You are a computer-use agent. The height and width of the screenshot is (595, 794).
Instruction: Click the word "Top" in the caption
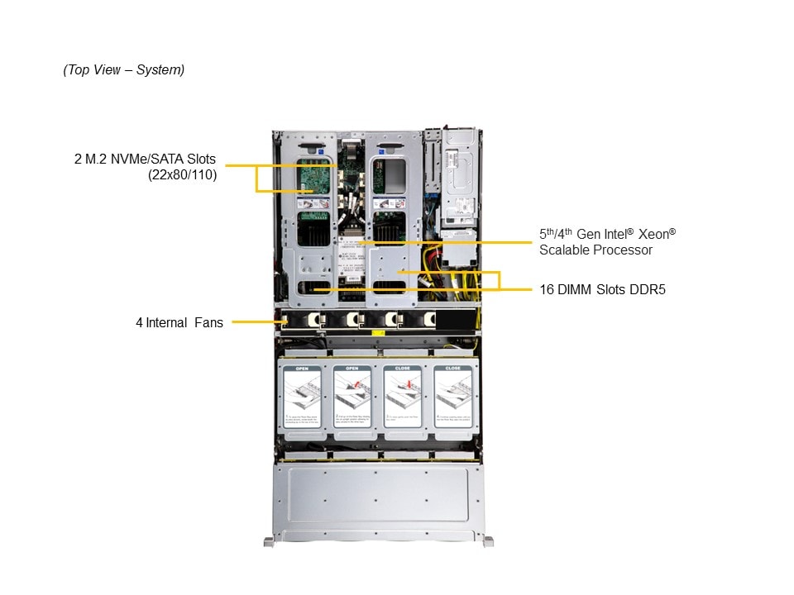[81, 70]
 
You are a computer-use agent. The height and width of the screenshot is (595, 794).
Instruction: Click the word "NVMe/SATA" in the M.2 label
[153, 159]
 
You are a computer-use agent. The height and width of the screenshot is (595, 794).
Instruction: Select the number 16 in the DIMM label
[548, 290]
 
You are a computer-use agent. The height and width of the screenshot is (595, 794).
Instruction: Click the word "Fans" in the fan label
[208, 323]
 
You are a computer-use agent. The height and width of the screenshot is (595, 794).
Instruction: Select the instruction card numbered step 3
[403, 399]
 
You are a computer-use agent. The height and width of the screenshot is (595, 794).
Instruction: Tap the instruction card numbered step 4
[453, 399]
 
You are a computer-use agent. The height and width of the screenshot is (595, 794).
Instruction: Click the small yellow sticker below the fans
[377, 332]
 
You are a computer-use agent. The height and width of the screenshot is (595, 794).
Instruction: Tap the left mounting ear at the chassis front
[269, 541]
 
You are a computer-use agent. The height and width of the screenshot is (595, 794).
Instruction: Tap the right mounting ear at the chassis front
[488, 541]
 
